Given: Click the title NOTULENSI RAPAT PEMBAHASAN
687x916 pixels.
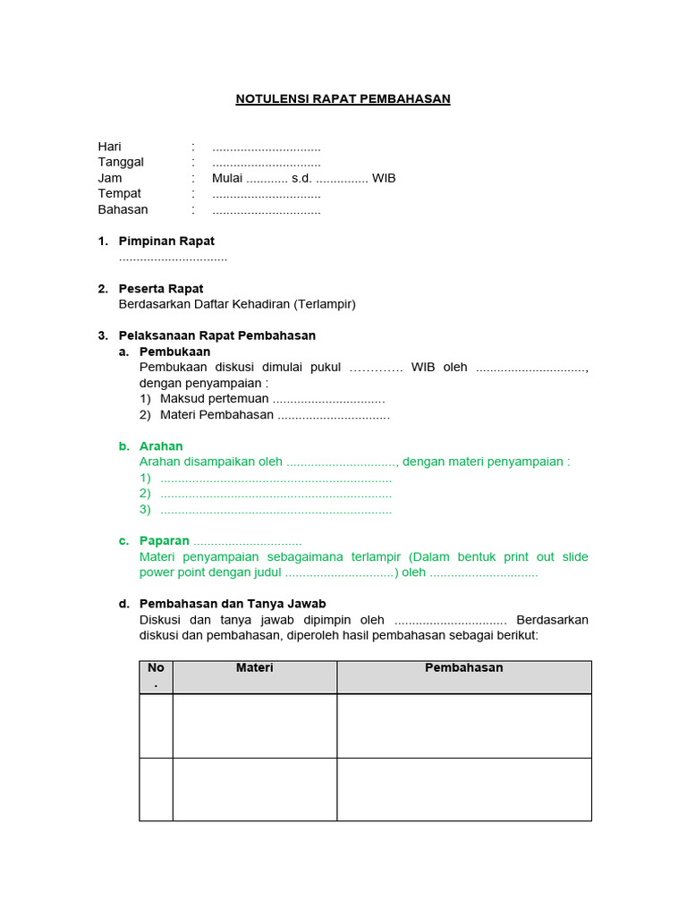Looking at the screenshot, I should point(343,98).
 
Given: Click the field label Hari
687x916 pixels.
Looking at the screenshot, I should point(109,147).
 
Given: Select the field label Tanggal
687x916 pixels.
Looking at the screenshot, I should point(121,162).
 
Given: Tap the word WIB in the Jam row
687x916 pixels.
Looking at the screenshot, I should point(384,178).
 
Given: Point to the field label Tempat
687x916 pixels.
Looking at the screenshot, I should point(119,193).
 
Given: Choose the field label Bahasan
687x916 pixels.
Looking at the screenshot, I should point(123,209).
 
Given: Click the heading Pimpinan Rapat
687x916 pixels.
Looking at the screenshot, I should point(166,242).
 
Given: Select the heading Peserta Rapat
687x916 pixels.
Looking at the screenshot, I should point(161,289).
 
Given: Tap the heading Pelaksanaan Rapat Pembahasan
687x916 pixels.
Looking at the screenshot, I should point(217,335).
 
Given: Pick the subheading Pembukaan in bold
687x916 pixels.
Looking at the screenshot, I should point(175,352).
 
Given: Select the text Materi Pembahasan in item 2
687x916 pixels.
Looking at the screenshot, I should point(216,415).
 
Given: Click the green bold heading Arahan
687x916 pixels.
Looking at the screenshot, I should point(161,446).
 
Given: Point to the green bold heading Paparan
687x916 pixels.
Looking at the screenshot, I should point(165,541).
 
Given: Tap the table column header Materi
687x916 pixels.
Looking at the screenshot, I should point(254,668).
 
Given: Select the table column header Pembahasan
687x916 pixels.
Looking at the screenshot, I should point(463,668).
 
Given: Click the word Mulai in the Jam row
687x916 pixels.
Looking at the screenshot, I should point(227,178).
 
